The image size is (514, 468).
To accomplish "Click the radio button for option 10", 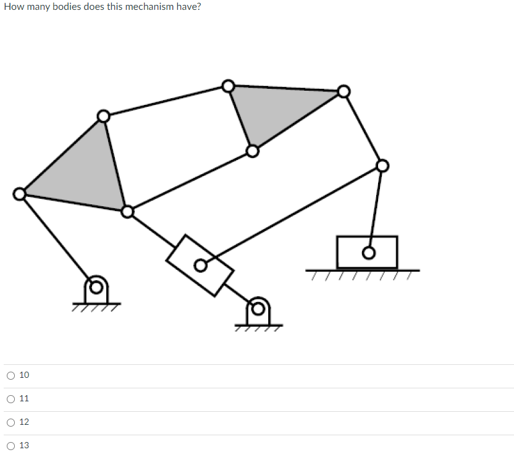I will point(12,375).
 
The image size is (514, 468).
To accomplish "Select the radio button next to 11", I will point(12,399).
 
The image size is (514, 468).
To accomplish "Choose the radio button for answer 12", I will point(12,422).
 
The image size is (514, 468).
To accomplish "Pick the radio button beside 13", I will point(12,445).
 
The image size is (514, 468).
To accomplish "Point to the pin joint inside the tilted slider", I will point(200,265).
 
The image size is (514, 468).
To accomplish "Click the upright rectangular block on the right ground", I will point(367,251).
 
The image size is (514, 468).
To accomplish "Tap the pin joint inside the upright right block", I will point(368,253).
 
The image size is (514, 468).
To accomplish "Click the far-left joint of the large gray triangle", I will point(20,194).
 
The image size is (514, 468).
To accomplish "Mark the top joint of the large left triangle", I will point(104,115).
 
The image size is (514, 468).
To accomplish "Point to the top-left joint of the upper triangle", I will point(228,85).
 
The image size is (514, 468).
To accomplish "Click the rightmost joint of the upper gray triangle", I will point(343,92).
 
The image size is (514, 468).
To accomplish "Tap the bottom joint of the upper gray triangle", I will point(252,151).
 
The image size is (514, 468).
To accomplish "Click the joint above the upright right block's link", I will point(382,165).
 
